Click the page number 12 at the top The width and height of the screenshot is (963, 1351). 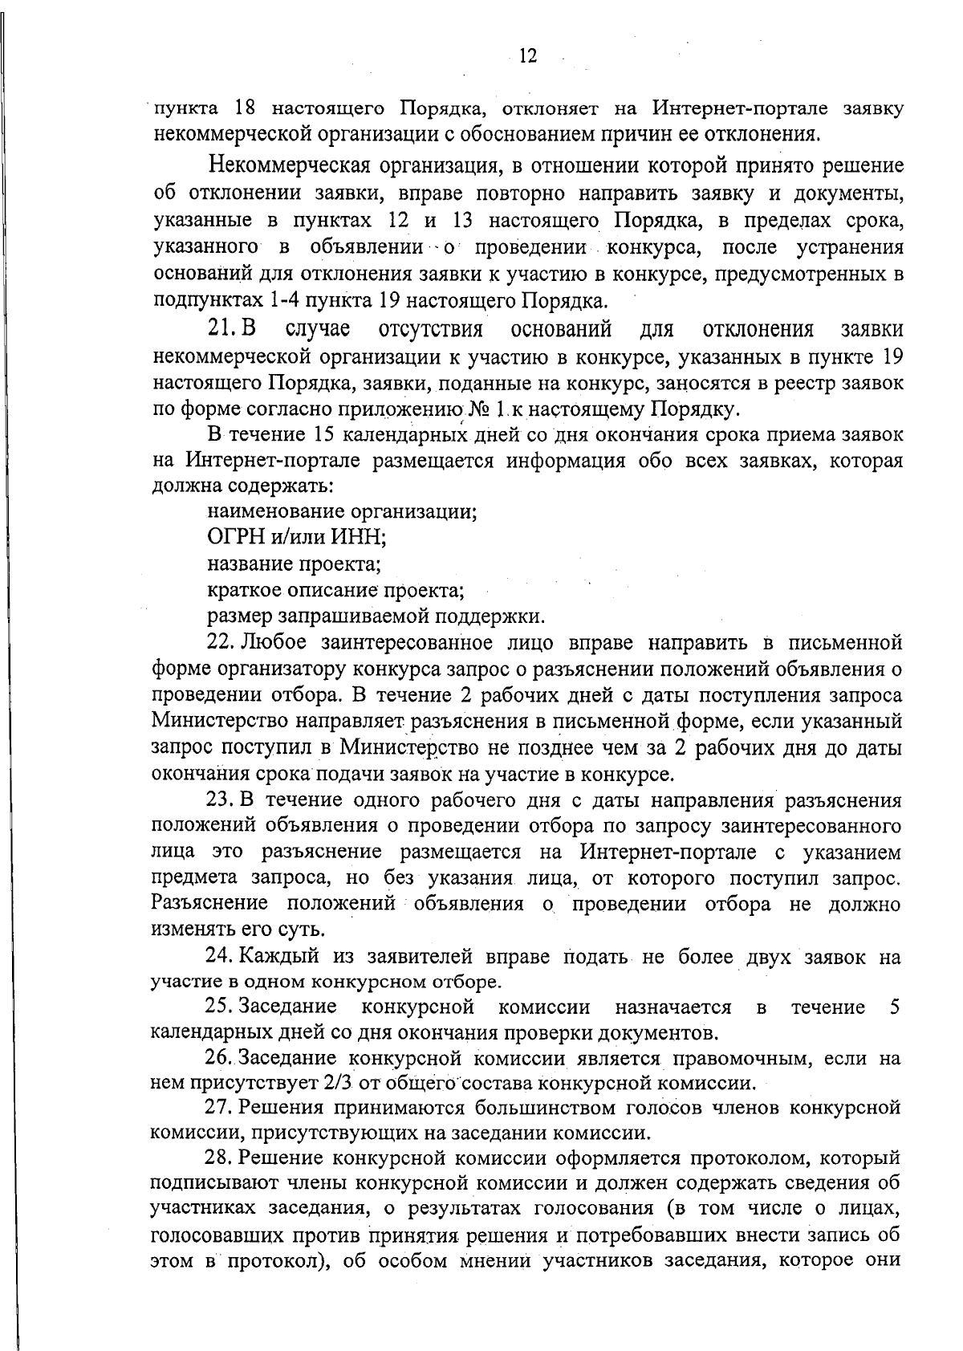tap(527, 55)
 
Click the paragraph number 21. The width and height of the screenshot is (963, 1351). tap(218, 330)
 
